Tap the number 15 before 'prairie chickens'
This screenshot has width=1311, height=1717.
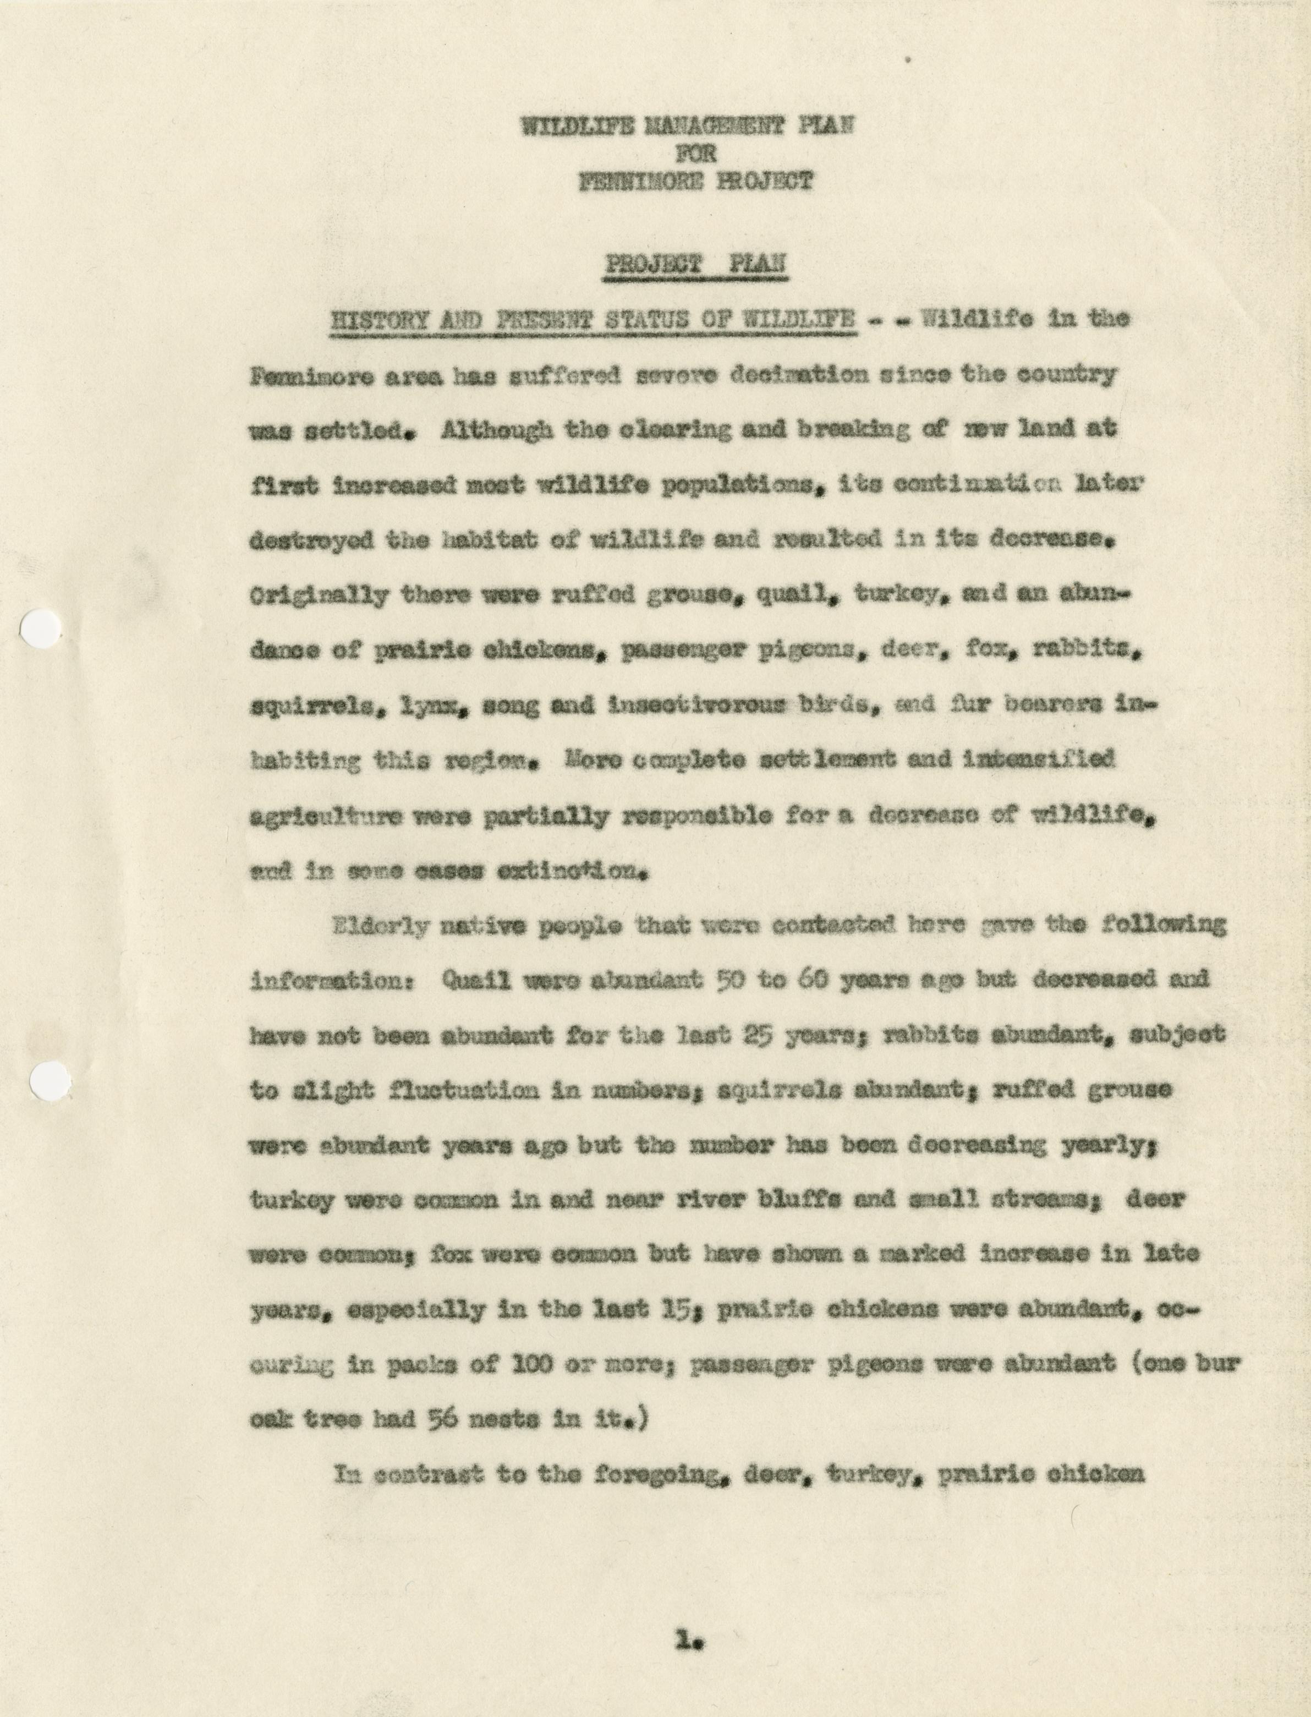click(688, 1310)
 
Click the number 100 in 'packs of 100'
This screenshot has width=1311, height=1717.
click(503, 1365)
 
